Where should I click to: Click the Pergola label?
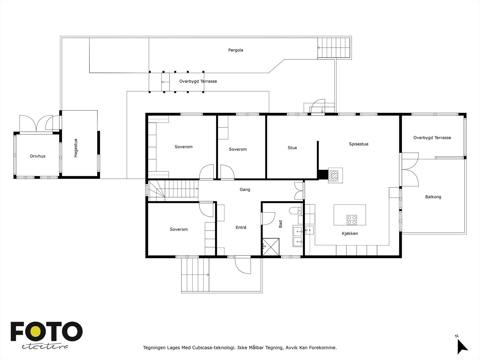[235, 50]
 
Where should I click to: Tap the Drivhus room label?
[37, 156]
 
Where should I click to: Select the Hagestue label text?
[76, 148]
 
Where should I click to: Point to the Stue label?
[292, 148]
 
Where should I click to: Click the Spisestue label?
[358, 144]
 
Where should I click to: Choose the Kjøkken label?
[350, 233]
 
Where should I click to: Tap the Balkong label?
[433, 197]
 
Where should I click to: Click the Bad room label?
[280, 224]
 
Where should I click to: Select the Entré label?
[241, 227]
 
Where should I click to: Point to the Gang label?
[245, 190]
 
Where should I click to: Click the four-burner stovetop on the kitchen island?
[352, 220]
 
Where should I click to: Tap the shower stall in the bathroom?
[271, 247]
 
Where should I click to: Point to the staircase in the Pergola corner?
[334, 48]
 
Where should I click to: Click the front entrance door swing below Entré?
[243, 265]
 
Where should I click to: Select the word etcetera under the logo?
[45, 347]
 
